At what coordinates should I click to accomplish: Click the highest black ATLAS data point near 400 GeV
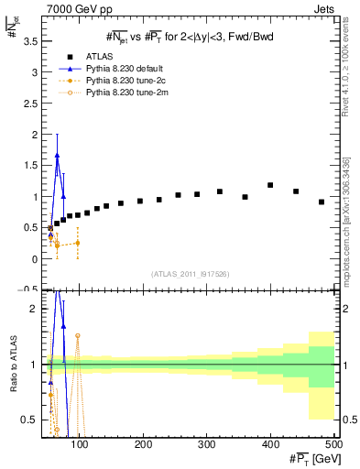coord(270,185)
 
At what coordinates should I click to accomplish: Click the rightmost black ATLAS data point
coord(322,202)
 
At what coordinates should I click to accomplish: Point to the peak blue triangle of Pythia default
coord(57,155)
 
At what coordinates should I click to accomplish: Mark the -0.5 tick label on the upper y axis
coord(29,289)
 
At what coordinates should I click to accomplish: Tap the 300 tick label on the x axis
coord(207,445)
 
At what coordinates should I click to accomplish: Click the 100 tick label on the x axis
coord(81,445)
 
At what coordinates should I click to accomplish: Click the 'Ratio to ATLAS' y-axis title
coord(11,364)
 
